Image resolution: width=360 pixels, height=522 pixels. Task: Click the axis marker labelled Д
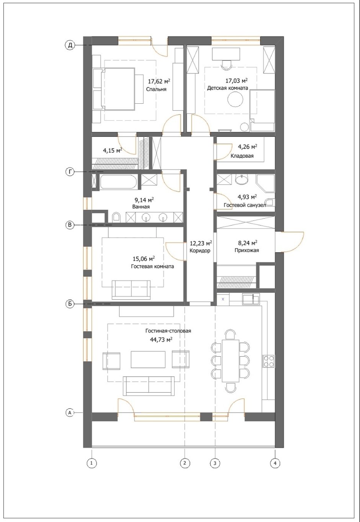70,45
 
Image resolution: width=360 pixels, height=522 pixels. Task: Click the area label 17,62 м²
159,82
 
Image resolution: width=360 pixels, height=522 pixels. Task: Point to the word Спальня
156,89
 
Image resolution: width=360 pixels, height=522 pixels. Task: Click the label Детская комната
227,88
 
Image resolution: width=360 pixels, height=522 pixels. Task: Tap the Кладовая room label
242,156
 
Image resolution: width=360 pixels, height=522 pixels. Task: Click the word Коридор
200,251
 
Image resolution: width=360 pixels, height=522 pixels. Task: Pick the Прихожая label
247,251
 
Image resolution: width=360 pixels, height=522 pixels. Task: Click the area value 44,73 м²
161,340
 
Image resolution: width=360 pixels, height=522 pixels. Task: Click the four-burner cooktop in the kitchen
269,361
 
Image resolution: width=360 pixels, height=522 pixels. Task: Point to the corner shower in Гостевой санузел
265,183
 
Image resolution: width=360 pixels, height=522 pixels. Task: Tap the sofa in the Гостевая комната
131,290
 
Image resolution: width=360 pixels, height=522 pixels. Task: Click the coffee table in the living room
148,360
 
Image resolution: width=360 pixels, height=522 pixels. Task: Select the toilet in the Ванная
116,217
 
